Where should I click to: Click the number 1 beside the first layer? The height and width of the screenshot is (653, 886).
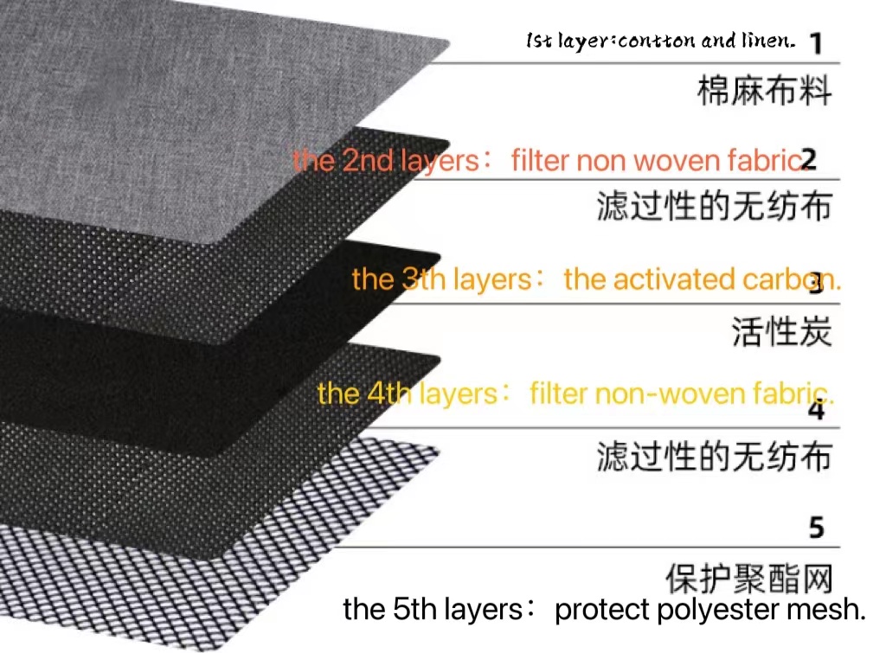(815, 42)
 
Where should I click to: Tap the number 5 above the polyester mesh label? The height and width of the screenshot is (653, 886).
(816, 527)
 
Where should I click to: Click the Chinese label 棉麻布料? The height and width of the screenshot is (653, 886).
(764, 91)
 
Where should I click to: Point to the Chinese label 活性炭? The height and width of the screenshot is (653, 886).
(781, 332)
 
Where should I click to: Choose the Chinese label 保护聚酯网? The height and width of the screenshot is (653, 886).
(749, 578)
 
